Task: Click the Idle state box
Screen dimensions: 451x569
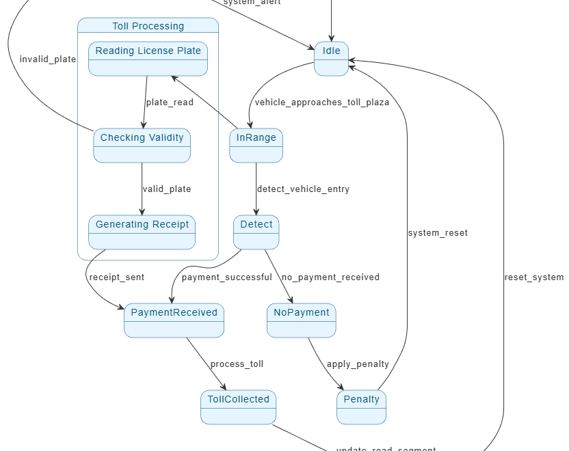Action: pyautogui.click(x=332, y=59)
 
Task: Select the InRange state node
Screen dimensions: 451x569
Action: pyautogui.click(x=256, y=145)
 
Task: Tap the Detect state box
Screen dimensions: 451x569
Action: pyautogui.click(x=256, y=232)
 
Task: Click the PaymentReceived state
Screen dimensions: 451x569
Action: pyautogui.click(x=174, y=320)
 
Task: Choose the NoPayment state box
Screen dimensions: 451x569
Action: pyautogui.click(x=302, y=320)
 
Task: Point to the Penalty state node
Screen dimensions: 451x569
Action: pyautogui.click(x=361, y=407)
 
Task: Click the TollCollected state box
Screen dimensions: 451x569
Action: pyautogui.click(x=238, y=407)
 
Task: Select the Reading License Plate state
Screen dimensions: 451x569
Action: pyautogui.click(x=148, y=58)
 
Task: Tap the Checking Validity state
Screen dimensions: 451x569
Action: pyautogui.click(x=142, y=145)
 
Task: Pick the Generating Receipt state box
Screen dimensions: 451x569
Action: pyautogui.click(x=142, y=232)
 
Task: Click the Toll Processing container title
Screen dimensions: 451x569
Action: pyautogui.click(x=148, y=26)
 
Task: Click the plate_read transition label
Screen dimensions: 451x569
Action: pyautogui.click(x=170, y=102)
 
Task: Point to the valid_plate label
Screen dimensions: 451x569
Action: pyautogui.click(x=167, y=189)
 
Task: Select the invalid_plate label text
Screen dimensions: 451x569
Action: pyautogui.click(x=48, y=59)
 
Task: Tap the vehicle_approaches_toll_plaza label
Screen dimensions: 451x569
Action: pyautogui.click(x=322, y=102)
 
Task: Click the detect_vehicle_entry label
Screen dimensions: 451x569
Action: pyautogui.click(x=303, y=189)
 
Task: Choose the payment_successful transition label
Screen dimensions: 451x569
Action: pyautogui.click(x=226, y=277)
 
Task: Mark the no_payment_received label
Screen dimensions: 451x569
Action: pyautogui.click(x=330, y=277)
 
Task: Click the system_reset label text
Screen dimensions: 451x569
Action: pyautogui.click(x=438, y=233)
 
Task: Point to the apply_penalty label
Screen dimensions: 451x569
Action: pyautogui.click(x=358, y=364)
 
